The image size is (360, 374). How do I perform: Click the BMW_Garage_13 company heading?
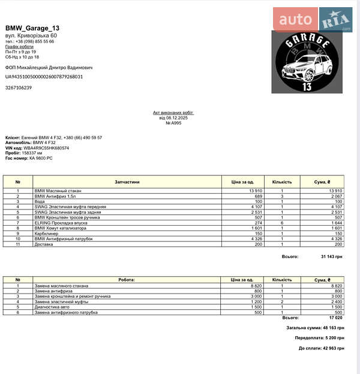click(x=32, y=28)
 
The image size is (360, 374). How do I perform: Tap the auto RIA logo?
click(x=313, y=20)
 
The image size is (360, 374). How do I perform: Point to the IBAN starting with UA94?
click(x=44, y=77)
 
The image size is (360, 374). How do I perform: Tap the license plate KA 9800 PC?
click(x=37, y=158)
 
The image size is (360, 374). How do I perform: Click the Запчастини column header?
click(x=127, y=182)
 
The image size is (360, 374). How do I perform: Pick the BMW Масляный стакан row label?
click(x=58, y=191)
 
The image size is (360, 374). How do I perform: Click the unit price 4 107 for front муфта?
click(x=255, y=207)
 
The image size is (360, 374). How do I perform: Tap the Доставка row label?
click(x=44, y=244)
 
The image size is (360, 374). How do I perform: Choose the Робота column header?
click(x=126, y=280)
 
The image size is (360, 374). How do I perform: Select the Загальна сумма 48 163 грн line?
click(x=315, y=328)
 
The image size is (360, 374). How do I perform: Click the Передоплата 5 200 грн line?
click(x=319, y=339)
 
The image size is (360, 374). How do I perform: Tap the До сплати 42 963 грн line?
click(x=321, y=348)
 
